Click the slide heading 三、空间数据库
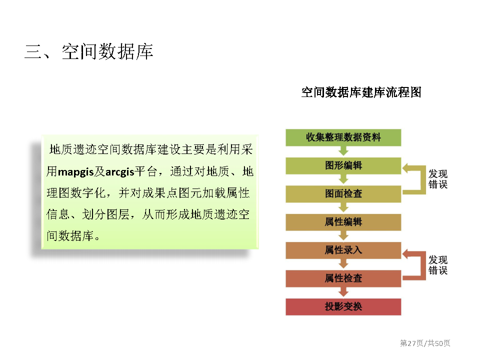(89, 51)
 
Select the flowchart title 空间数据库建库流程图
(361, 92)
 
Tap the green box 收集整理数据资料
(343, 137)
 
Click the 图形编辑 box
(343, 165)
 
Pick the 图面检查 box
(343, 194)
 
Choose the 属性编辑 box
(343, 222)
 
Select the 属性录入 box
(343, 250)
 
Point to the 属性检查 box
(343, 278)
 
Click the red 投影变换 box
(343, 306)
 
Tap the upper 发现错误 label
(438, 179)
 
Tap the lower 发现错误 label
(438, 265)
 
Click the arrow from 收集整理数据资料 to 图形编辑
(343, 151)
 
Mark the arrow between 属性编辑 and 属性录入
(343, 235)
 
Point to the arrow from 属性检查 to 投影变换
(343, 291)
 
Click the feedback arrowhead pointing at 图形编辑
(406, 168)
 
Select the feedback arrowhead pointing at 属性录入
(406, 254)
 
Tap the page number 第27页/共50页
(425, 343)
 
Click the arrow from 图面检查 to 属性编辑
(343, 207)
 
